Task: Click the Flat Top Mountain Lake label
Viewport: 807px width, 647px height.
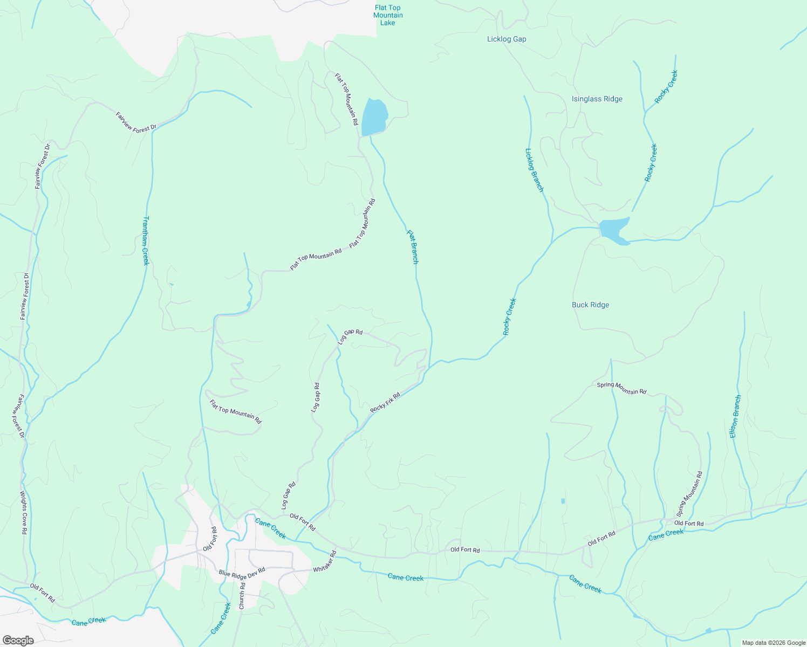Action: click(387, 15)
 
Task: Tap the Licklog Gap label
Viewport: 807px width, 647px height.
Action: click(506, 39)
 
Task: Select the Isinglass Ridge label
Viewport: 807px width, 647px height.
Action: click(597, 99)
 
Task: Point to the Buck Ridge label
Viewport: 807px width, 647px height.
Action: click(590, 305)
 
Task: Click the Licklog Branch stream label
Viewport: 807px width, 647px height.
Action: click(534, 170)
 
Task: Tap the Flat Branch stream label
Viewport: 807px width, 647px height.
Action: click(412, 247)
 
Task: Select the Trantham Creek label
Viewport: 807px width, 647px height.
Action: click(145, 240)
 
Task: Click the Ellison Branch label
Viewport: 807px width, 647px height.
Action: click(735, 416)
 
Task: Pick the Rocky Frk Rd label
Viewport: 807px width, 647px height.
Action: click(385, 403)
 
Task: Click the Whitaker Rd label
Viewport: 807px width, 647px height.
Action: click(325, 561)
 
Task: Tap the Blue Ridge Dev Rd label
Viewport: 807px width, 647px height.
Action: click(242, 573)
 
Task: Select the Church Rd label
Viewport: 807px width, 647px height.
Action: click(242, 597)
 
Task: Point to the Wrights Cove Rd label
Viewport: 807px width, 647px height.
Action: click(24, 512)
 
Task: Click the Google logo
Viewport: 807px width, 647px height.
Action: click(18, 641)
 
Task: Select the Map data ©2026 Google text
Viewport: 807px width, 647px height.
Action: click(772, 643)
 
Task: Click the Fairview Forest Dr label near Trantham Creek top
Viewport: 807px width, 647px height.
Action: click(136, 121)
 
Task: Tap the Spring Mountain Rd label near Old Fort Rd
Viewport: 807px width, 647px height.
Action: click(690, 494)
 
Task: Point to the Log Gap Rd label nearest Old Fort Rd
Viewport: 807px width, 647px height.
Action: click(289, 495)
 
